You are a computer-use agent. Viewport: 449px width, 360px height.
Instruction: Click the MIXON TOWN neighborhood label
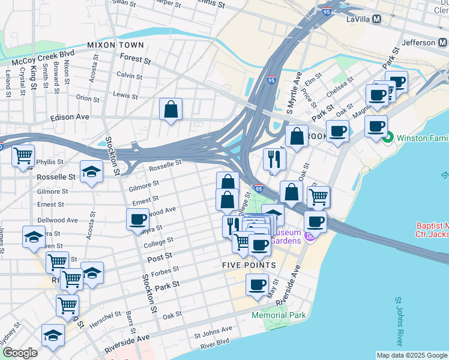(115, 45)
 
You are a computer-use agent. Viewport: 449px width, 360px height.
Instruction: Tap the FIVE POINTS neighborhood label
(249, 265)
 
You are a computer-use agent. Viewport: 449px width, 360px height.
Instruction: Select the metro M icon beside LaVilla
(377, 19)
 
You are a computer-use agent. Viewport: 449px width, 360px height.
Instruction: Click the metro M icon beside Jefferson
(442, 43)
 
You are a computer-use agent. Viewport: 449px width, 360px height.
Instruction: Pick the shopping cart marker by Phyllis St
(23, 155)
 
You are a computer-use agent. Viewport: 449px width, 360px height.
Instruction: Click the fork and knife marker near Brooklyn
(274, 158)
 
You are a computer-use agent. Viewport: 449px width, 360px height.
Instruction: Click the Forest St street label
(135, 59)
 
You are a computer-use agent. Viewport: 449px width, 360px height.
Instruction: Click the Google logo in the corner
(20, 353)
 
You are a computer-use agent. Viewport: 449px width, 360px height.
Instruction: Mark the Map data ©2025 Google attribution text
(411, 355)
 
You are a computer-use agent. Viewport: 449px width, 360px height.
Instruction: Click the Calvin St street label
(129, 76)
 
